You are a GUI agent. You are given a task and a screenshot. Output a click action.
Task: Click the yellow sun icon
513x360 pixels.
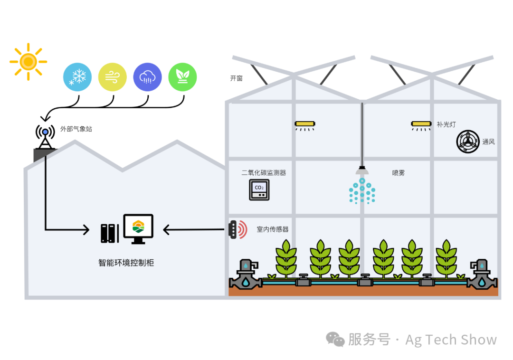coord(28,61)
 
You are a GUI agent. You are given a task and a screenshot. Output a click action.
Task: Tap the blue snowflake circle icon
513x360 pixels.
coord(77,77)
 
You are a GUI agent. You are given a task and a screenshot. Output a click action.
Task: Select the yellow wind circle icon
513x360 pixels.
coord(112,77)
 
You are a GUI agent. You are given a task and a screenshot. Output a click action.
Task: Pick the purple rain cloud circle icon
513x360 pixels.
coord(147,77)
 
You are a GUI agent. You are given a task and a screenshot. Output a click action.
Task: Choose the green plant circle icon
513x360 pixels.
coord(182,77)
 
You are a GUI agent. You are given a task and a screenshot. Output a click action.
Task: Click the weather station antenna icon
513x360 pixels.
coord(45,137)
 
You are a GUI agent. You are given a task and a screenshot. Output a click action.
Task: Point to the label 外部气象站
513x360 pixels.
coord(76,129)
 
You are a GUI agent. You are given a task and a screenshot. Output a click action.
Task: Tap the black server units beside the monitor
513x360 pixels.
coord(110,233)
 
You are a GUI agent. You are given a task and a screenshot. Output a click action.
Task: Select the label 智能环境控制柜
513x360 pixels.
coord(126,263)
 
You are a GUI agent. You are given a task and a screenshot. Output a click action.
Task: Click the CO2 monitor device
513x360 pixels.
coord(259,189)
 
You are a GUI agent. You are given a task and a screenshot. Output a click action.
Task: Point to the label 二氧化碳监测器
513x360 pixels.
coord(264,173)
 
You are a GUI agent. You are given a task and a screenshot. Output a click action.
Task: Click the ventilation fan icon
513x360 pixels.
coord(468,142)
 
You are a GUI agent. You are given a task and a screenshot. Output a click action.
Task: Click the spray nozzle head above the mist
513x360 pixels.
coord(362,171)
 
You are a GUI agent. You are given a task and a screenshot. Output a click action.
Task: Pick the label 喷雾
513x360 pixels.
coord(398,173)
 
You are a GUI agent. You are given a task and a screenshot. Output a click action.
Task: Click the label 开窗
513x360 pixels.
coord(236,78)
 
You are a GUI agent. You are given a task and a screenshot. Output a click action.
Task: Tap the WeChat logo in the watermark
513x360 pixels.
coord(335,339)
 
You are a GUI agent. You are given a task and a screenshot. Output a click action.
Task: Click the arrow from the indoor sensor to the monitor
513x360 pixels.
coord(194,229)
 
